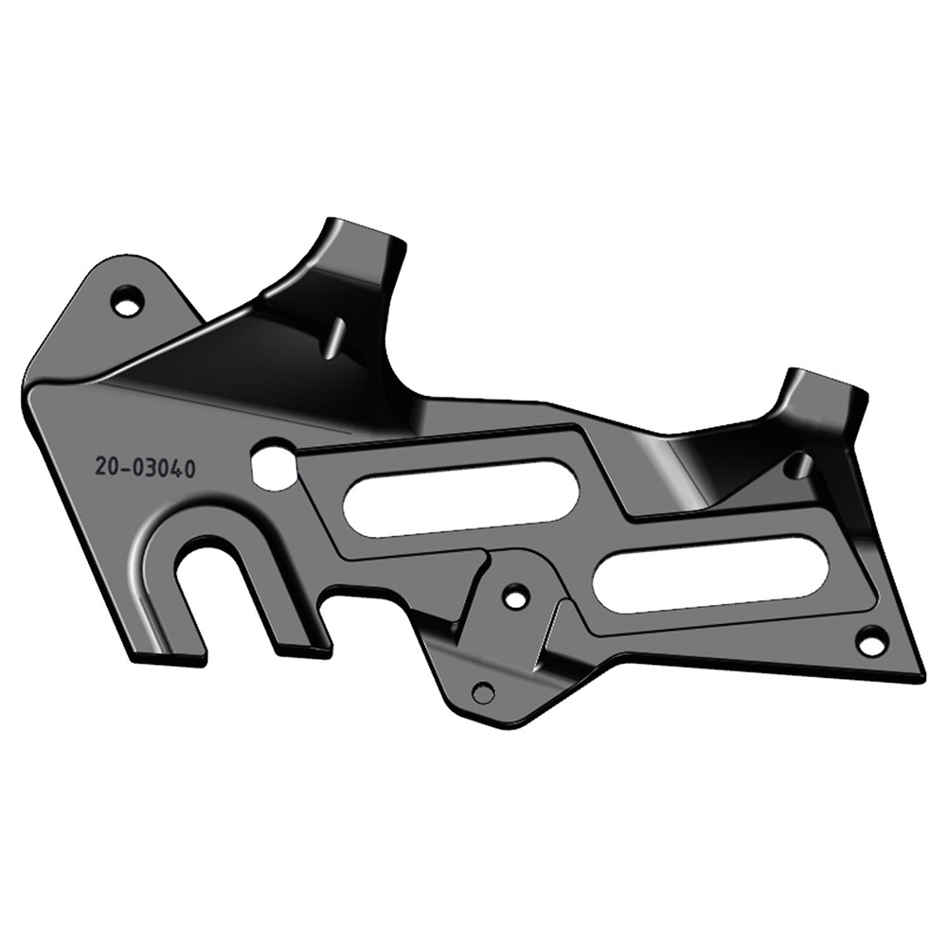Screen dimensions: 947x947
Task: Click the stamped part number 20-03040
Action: coord(144,468)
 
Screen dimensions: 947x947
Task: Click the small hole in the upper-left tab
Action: coord(129,298)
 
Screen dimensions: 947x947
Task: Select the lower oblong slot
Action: coord(709,568)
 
